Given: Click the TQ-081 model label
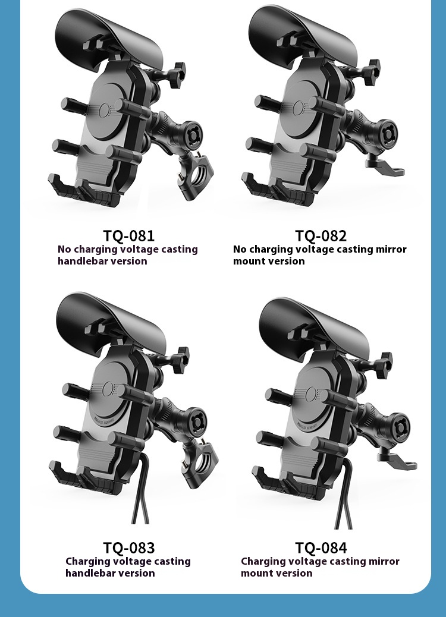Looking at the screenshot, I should point(128,235).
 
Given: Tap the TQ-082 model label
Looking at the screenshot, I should point(321,235).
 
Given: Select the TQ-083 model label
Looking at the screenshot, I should point(128,547).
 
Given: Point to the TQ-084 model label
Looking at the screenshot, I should point(321,547).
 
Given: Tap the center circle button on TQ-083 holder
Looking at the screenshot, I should point(108,390).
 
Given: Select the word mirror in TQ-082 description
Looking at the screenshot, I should point(390,249).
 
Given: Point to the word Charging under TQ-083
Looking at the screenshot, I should point(87,561).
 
